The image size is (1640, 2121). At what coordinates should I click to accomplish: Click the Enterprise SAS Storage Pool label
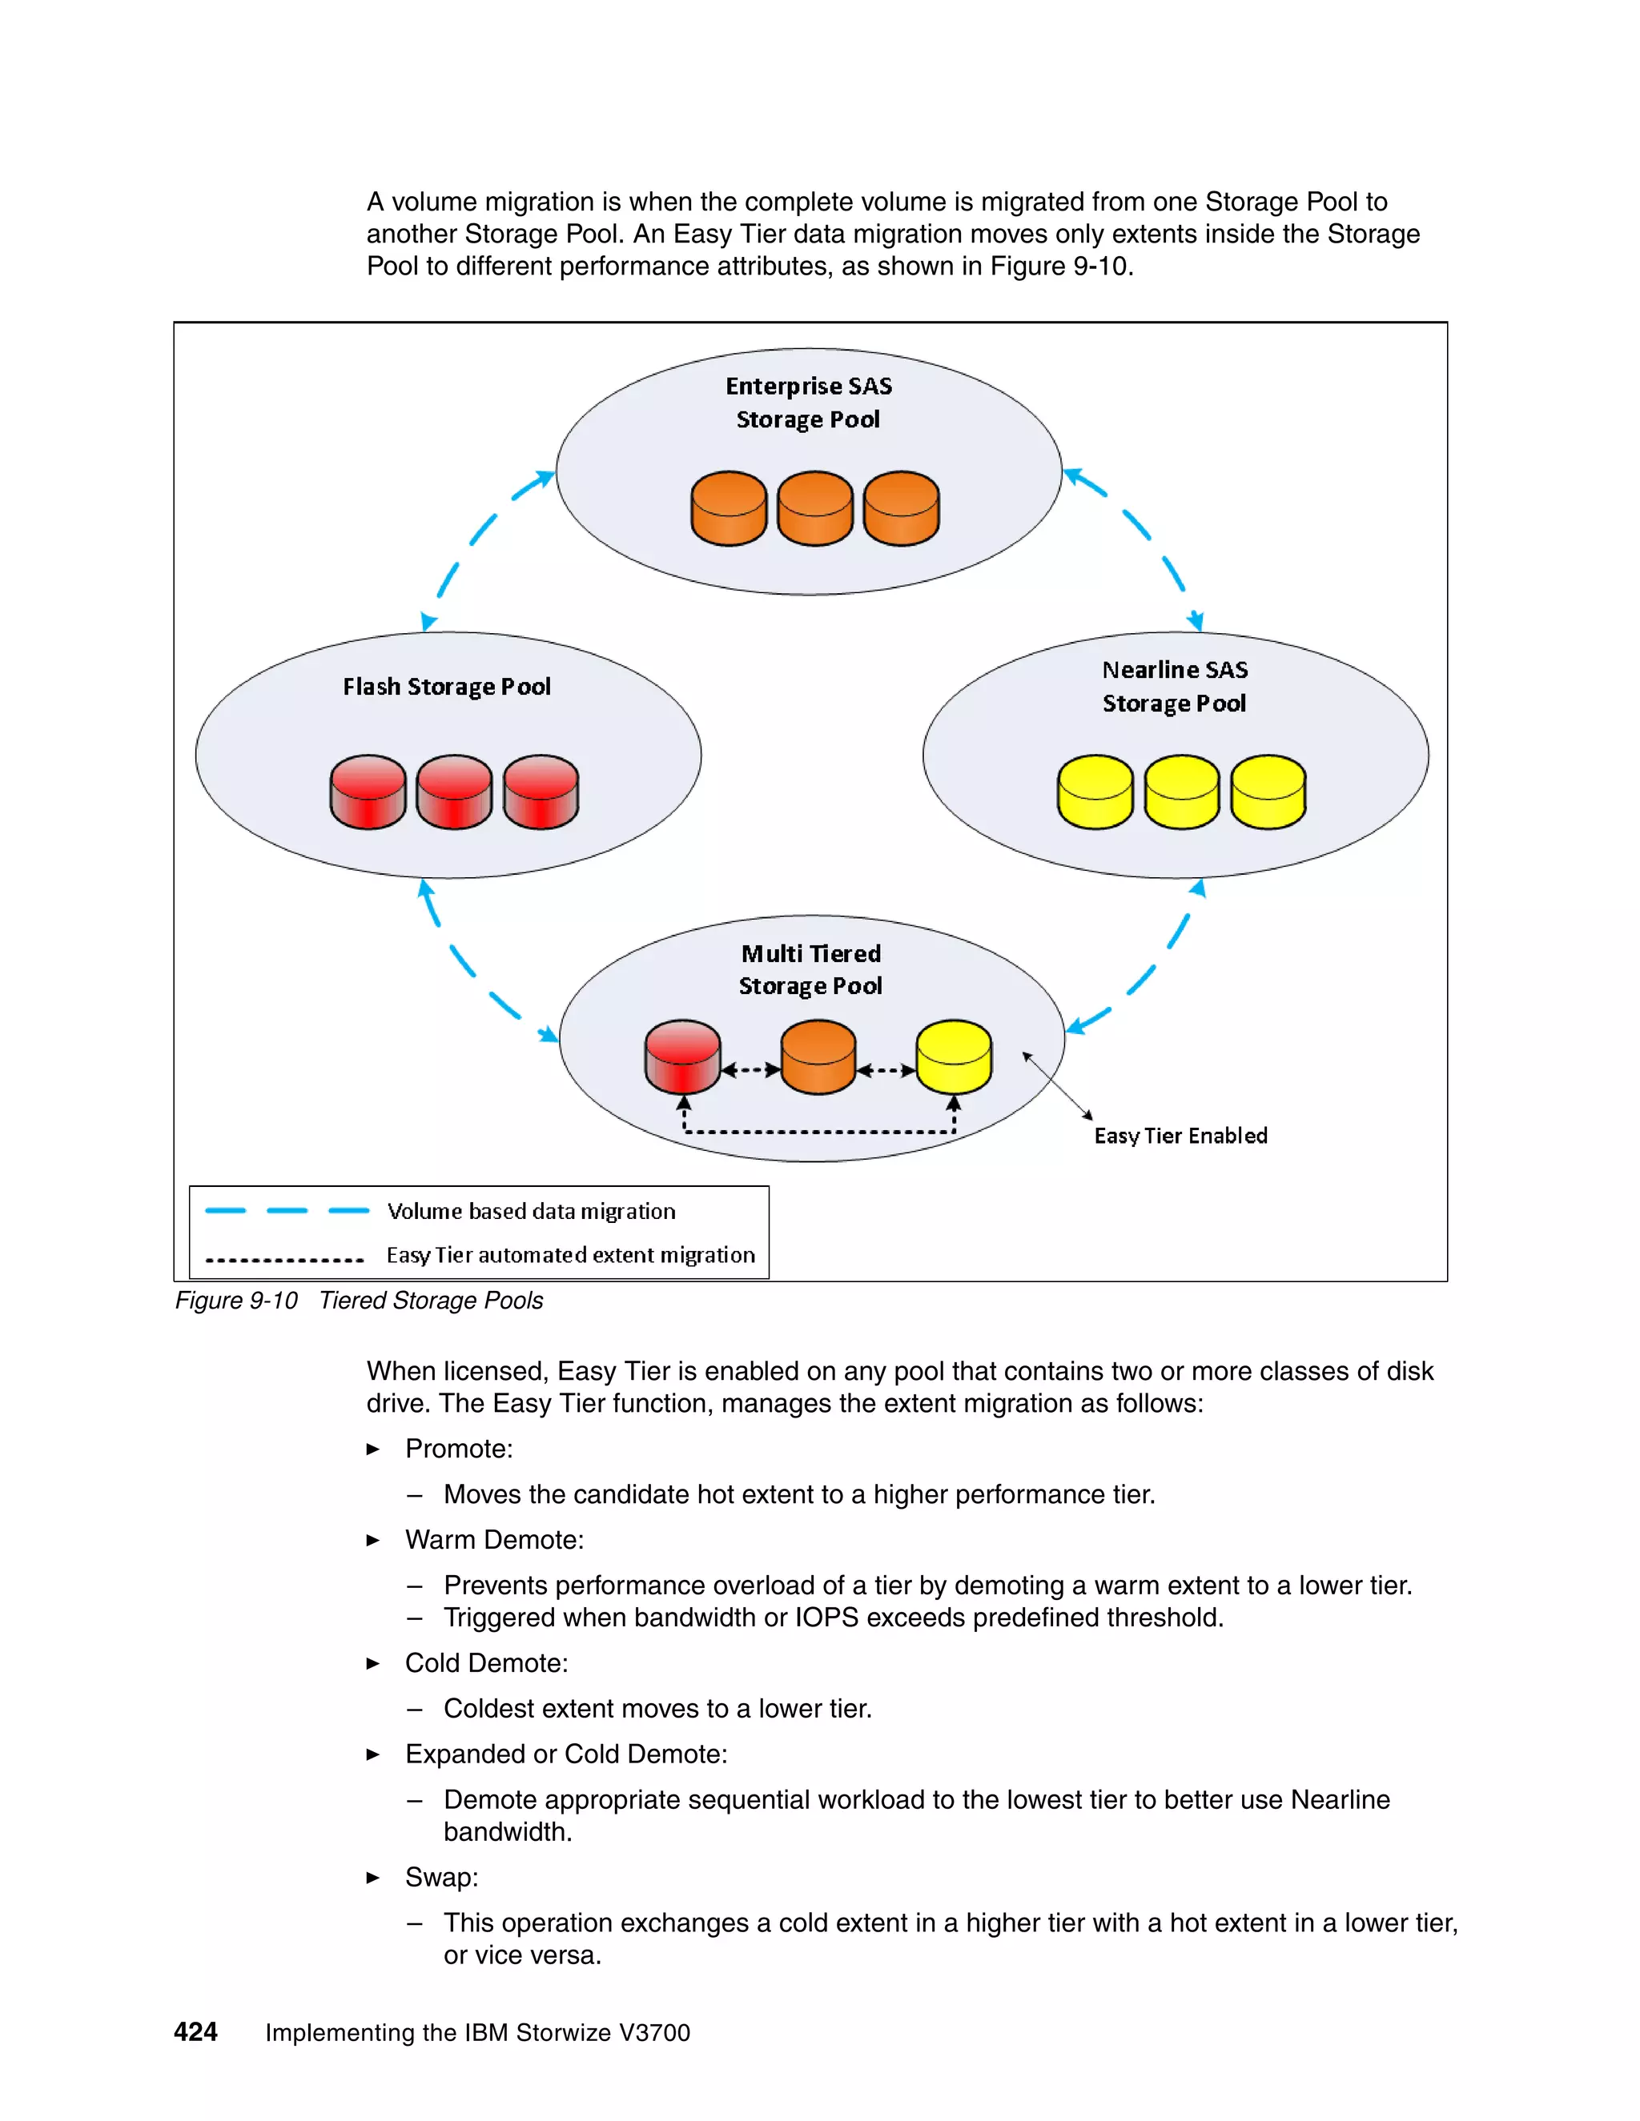(808, 402)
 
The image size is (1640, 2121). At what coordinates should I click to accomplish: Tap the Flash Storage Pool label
(447, 687)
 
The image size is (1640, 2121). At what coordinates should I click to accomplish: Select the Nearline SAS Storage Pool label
(1175, 687)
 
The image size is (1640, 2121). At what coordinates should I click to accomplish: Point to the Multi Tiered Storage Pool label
(810, 969)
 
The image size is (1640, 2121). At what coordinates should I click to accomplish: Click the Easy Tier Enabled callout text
(1180, 1135)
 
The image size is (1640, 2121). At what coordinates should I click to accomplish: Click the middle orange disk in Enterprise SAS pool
(815, 508)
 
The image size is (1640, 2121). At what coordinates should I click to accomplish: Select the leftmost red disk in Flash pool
(368, 792)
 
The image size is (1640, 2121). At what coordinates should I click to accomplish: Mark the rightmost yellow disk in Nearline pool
(1268, 792)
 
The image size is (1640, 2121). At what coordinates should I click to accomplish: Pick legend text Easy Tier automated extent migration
(570, 1255)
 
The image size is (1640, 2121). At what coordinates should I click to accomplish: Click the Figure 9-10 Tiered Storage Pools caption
(359, 1301)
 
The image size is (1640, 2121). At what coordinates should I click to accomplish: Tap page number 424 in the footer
(195, 2031)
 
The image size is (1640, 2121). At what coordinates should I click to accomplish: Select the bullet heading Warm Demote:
(495, 1539)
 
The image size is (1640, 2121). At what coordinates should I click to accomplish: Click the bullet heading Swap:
(442, 1877)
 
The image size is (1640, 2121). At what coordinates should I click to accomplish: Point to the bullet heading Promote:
(459, 1448)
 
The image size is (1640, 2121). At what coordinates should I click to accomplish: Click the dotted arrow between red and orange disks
(751, 1070)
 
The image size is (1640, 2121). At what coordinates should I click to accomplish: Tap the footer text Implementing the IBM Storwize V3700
(477, 2033)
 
